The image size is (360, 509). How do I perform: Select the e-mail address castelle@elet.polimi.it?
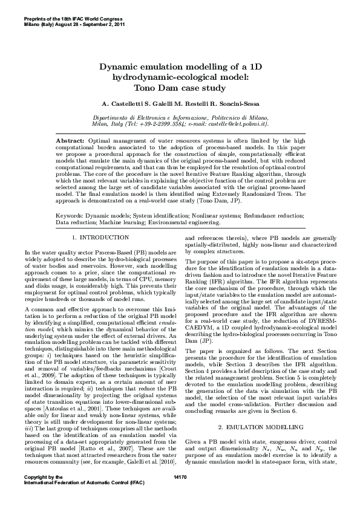tap(235, 123)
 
